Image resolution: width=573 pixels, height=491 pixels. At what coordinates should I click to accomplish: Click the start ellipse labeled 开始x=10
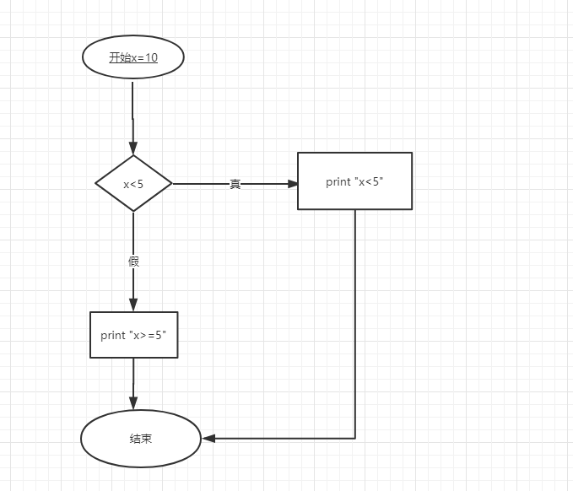(132, 57)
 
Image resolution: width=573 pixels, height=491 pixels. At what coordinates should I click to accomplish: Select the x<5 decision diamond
(133, 183)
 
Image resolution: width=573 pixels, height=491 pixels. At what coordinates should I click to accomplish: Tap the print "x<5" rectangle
(354, 181)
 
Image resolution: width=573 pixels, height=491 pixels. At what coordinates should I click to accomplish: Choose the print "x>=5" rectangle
(133, 335)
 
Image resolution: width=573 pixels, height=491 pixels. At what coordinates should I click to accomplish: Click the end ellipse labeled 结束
(141, 439)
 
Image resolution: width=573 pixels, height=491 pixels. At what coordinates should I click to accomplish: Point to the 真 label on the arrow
(235, 184)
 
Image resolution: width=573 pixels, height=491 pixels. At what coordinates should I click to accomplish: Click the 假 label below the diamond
(133, 262)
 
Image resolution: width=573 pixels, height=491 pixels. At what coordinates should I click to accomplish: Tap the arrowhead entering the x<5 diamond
(133, 148)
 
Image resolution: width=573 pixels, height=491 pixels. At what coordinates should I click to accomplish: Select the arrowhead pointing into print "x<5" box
(291, 183)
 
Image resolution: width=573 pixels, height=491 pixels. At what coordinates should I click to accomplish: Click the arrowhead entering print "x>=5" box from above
(133, 305)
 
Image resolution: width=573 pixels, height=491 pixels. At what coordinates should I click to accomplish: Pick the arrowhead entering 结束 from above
(133, 405)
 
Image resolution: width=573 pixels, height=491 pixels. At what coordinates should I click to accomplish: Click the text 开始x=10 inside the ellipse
(133, 57)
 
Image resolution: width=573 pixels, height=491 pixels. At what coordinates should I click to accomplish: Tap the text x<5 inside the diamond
(133, 184)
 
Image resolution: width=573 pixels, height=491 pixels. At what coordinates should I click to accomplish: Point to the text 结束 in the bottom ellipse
(141, 439)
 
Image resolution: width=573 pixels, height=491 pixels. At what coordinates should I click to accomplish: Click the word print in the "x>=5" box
(112, 335)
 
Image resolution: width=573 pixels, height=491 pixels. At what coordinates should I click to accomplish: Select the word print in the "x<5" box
(338, 181)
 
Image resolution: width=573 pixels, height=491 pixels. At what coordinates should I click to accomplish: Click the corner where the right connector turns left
(355, 439)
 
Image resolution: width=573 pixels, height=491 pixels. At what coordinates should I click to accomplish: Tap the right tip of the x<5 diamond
(171, 183)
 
